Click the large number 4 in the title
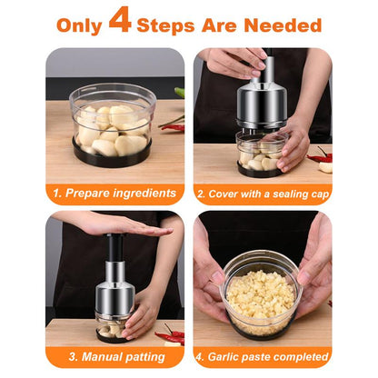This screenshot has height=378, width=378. click(x=120, y=21)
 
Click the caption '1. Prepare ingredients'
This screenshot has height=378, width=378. click(x=114, y=194)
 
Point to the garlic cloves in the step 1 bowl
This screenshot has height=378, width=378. click(x=112, y=127)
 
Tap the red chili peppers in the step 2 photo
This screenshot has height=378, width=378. click(x=321, y=156)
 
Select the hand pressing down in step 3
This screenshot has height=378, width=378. click(x=118, y=224)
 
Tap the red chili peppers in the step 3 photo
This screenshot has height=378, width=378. click(x=170, y=334)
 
